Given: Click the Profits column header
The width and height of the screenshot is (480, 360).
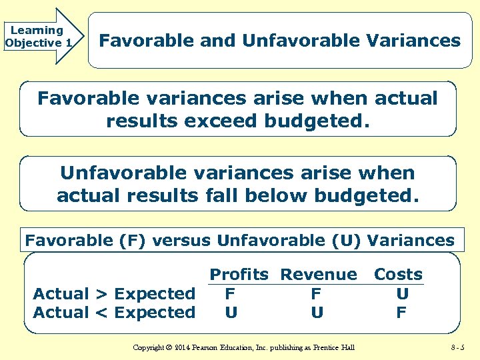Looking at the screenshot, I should coord(239,275).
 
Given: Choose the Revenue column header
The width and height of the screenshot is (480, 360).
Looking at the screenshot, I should coord(318,275).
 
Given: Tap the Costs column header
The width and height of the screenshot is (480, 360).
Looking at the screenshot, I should coord(398,275).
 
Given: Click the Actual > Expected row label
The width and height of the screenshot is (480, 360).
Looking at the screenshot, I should coord(114,293).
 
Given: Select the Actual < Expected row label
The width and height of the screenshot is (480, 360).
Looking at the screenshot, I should coord(114,312).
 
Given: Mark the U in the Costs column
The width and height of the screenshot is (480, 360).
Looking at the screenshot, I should coord(402,293).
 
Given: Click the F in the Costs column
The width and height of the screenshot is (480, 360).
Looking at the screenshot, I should coord(401,312).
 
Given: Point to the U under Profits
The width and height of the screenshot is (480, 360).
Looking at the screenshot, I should coord(231,312).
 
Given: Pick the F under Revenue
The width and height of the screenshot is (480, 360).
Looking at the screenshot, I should coord(316,293).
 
